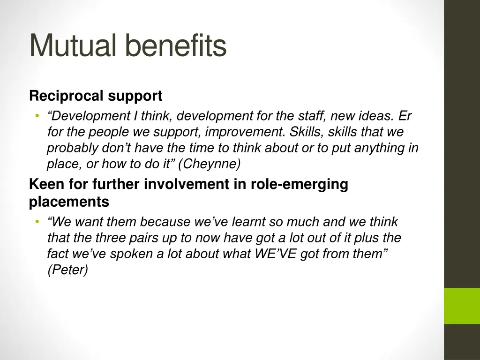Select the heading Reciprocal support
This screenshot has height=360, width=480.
click(x=96, y=96)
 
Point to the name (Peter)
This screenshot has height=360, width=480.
click(x=67, y=271)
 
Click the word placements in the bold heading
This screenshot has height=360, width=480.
click(x=69, y=202)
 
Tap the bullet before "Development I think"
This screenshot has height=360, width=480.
click(x=36, y=116)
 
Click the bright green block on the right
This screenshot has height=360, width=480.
click(x=462, y=306)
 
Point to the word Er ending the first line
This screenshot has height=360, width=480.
click(x=405, y=115)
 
